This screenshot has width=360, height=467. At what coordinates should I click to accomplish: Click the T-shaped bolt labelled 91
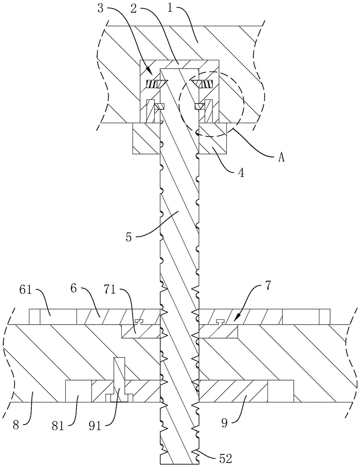[120, 378]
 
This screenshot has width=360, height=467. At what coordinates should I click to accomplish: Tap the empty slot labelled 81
[78, 391]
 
